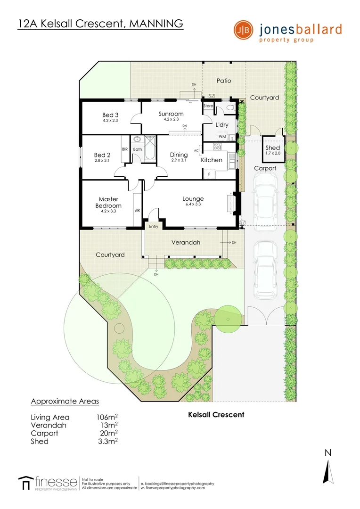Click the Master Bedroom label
(x=108, y=202)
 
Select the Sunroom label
(x=171, y=114)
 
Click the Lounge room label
(x=193, y=199)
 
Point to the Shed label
(x=273, y=148)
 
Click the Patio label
(x=224, y=81)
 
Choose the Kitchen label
(x=212, y=160)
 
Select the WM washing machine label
(x=222, y=137)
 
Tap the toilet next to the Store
(x=229, y=108)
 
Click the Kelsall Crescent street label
(x=216, y=415)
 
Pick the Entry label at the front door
(x=154, y=227)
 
